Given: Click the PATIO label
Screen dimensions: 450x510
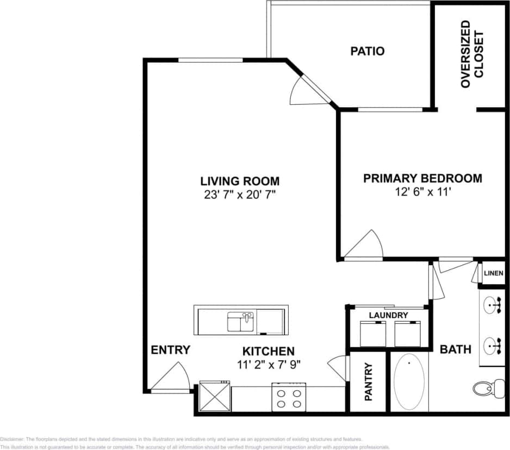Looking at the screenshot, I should click(367, 51).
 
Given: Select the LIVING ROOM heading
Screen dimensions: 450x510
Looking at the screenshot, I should click(240, 181).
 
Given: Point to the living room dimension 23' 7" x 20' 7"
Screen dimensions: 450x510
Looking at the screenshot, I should click(240, 194).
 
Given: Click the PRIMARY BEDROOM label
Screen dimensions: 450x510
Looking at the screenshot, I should click(422, 178).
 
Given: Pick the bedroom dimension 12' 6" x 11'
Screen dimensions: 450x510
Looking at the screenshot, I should click(422, 191).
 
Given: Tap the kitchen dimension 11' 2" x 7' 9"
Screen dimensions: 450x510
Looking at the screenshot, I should click(269, 364).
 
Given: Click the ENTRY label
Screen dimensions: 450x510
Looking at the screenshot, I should click(170, 350).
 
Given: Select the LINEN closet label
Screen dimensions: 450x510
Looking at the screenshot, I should click(493, 273).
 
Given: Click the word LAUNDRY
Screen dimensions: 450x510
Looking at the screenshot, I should click(388, 315).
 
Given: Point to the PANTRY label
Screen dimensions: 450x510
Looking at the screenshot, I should click(368, 382).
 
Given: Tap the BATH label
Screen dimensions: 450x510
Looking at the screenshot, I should click(455, 349).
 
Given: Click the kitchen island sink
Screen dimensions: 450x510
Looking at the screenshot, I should click(240, 321).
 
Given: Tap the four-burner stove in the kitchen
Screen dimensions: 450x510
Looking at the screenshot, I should click(289, 397).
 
